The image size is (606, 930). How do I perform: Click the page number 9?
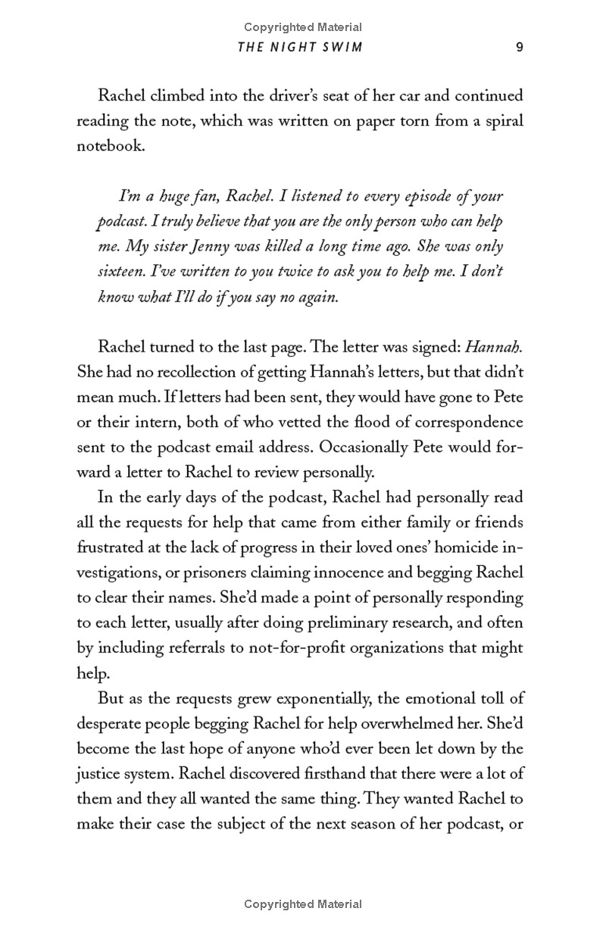point(520,47)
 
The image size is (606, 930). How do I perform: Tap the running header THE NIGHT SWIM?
point(300,47)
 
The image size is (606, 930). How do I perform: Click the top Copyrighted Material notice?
point(303,28)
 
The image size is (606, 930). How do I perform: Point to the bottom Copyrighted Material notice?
point(303,904)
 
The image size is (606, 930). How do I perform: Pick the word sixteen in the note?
point(123,272)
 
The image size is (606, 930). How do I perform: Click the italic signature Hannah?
point(493,348)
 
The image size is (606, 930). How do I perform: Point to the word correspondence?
point(461,423)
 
